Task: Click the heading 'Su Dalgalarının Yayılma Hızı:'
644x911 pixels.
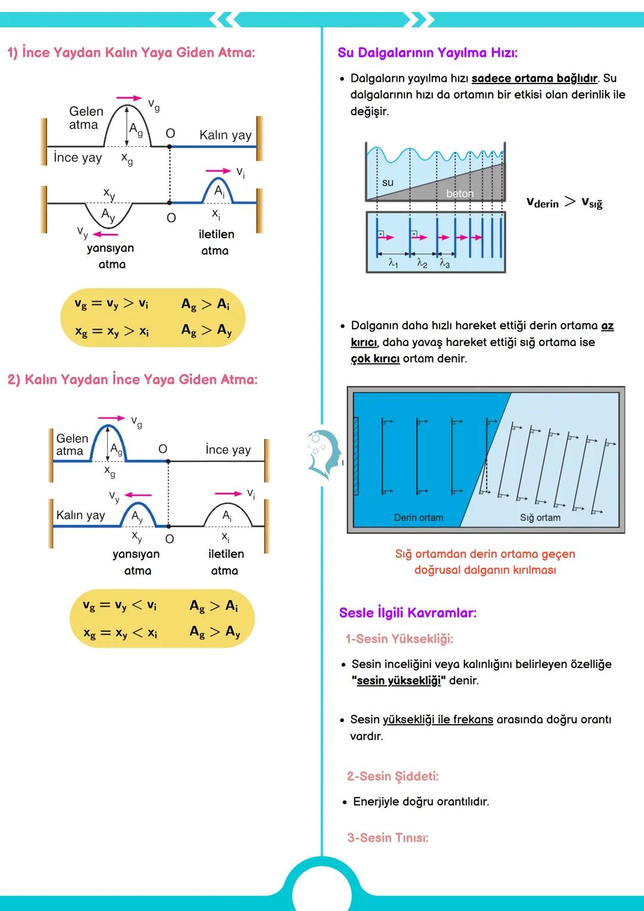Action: [x=427, y=53]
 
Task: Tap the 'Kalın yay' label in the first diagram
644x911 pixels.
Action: [x=225, y=135]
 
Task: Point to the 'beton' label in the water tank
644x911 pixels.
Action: [x=460, y=193]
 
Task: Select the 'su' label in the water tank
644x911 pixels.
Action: [x=388, y=183]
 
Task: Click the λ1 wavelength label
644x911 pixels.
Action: [x=393, y=263]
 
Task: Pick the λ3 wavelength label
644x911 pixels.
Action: [x=445, y=263]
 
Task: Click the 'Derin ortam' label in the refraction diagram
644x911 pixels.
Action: [x=418, y=517]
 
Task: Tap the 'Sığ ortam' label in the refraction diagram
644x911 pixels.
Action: [x=540, y=517]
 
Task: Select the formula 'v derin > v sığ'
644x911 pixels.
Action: [x=563, y=203]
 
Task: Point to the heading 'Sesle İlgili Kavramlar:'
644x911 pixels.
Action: [x=407, y=613]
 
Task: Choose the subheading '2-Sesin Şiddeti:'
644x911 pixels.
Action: [x=392, y=776]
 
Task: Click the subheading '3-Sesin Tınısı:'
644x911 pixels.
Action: [x=388, y=838]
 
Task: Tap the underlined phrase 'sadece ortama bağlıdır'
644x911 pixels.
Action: [x=534, y=78]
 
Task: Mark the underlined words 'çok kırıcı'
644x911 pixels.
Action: [x=375, y=359]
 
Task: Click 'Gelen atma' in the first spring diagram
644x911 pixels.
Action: [x=85, y=118]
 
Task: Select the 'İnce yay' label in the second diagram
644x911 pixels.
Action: [x=228, y=449]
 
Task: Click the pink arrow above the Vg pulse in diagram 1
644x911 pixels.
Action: [x=129, y=98]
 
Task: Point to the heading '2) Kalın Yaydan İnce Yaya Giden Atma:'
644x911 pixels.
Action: [x=132, y=379]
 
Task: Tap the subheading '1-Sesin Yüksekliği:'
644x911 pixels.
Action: [x=399, y=639]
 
